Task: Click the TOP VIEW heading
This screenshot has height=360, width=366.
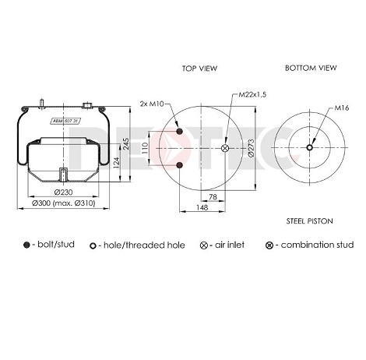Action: tap(199, 69)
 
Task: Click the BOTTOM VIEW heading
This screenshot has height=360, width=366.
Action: tap(311, 68)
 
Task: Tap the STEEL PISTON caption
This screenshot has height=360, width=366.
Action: tap(310, 221)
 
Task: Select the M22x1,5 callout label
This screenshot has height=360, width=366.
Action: tap(252, 94)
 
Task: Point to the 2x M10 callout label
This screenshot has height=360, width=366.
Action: tap(152, 104)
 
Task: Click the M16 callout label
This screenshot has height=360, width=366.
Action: tap(341, 108)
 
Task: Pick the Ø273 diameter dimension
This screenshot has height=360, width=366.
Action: tap(252, 148)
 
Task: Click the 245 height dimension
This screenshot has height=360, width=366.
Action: tap(125, 143)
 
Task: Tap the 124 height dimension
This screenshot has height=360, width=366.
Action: tap(117, 163)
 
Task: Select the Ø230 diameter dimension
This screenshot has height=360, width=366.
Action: tap(63, 192)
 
